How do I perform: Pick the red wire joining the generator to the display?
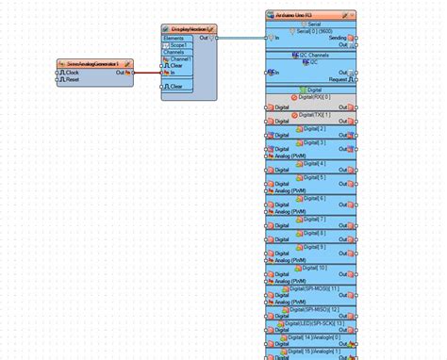point(147,72)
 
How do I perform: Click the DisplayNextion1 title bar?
point(185,29)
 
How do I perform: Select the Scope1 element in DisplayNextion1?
point(178,44)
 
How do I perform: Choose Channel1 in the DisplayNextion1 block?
point(180,58)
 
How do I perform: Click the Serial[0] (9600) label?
point(310,31)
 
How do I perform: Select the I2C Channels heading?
point(311,56)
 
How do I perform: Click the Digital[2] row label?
point(310,128)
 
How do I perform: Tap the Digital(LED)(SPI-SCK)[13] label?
point(310,323)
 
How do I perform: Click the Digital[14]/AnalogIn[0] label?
point(310,336)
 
